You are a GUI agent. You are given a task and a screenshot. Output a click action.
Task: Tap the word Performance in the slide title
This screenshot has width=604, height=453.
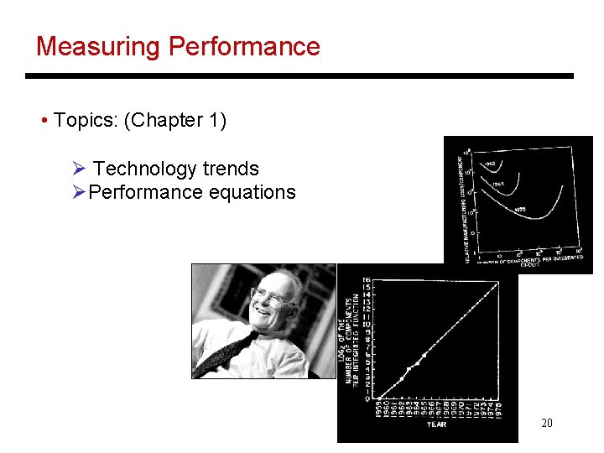point(244,46)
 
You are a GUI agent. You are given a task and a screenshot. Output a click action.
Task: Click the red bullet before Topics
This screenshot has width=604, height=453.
point(44,121)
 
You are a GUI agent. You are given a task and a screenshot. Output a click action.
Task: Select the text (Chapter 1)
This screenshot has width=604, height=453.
point(174,121)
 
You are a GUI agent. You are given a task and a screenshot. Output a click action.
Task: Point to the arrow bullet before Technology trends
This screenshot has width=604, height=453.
point(80,169)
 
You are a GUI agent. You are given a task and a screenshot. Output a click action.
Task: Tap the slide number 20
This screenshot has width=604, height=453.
point(546,423)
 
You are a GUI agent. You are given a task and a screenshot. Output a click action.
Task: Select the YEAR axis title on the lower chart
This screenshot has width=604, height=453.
point(436,424)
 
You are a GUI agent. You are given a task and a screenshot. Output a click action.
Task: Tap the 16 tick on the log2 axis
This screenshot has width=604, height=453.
point(367,279)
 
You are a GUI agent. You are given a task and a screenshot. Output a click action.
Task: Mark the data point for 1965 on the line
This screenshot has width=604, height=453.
point(424,355)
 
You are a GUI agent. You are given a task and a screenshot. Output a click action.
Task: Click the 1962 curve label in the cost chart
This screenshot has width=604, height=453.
point(489,164)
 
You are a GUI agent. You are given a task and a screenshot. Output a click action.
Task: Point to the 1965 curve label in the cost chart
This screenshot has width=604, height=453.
point(497,184)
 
